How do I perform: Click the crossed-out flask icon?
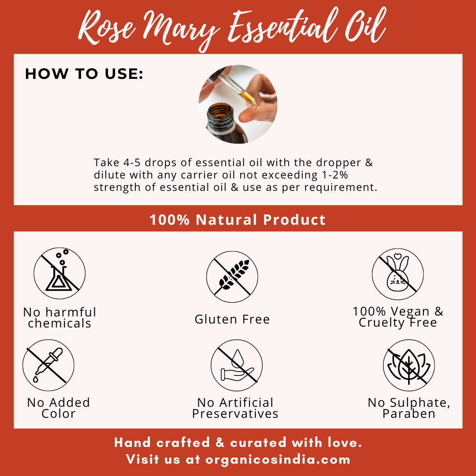(59, 273)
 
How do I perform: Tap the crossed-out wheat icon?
(232, 277)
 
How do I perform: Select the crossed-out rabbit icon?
(398, 274)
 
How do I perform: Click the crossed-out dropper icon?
(48, 365)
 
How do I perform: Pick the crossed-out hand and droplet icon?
(237, 365)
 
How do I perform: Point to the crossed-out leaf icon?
(409, 365)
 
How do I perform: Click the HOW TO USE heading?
(84, 74)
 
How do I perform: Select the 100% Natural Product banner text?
(238, 219)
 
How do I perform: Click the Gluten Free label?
(232, 320)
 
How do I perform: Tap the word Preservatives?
(235, 414)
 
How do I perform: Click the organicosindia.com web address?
(278, 459)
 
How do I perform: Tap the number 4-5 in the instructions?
(132, 162)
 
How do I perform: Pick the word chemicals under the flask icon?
(59, 324)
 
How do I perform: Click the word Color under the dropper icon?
(58, 414)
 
